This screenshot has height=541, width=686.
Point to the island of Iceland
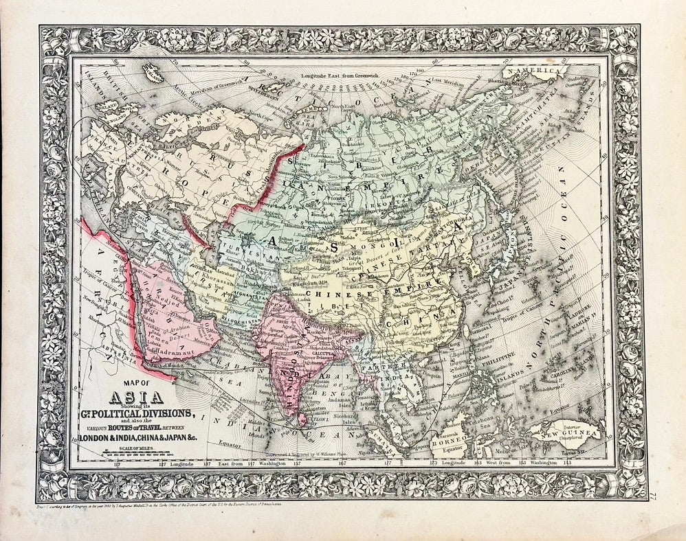150,69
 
